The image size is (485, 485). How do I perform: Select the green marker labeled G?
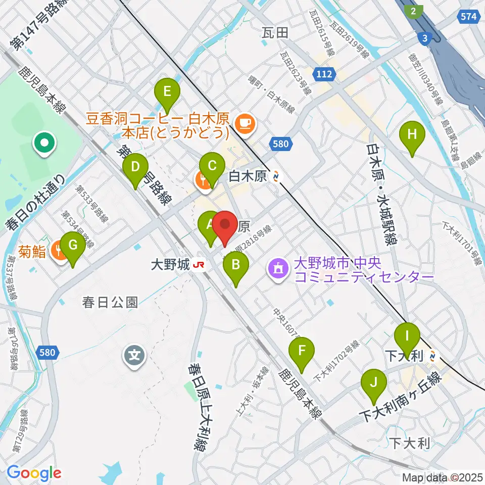[x=73, y=246]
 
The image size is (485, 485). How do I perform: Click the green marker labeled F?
[x=302, y=351]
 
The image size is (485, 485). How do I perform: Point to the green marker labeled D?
[x=135, y=168]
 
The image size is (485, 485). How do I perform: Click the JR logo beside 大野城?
[x=201, y=264]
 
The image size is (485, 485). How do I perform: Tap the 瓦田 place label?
[x=275, y=33]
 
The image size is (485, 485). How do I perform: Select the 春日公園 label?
[x=110, y=303]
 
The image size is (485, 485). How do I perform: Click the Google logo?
[x=34, y=473]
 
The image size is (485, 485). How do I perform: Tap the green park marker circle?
[x=44, y=143]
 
